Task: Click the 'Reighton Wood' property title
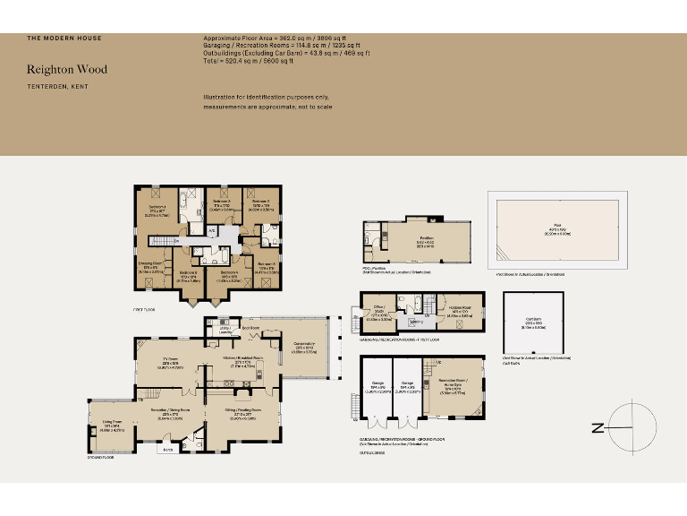[x=67, y=69]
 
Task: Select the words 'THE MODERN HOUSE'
[x=64, y=39]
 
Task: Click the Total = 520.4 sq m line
[x=249, y=61]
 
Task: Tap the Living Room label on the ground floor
[x=112, y=426]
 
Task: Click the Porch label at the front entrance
[x=166, y=450]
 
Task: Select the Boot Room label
[x=251, y=328]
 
